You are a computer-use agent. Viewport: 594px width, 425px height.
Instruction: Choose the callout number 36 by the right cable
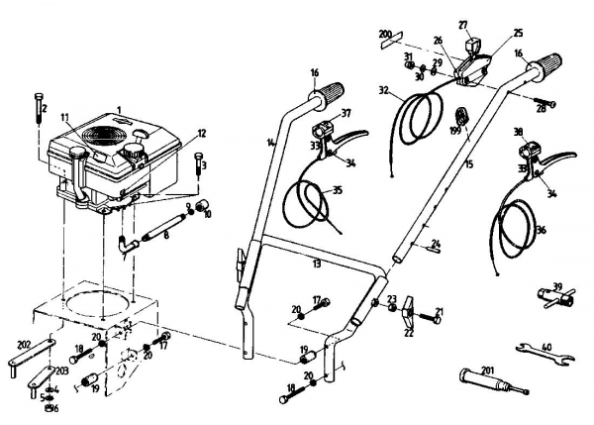(x=541, y=230)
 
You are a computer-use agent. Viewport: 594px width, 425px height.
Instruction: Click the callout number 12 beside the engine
(x=201, y=132)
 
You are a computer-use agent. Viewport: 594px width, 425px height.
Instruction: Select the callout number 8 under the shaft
(x=167, y=235)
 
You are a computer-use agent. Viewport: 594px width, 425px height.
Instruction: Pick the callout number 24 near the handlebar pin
(x=437, y=244)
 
